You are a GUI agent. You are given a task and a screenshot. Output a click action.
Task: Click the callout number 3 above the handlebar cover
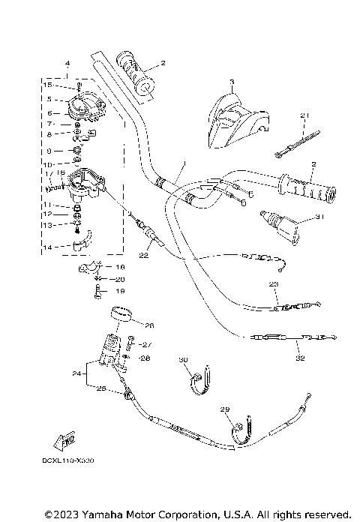click(x=232, y=80)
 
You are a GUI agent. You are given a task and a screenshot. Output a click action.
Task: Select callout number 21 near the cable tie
click(x=304, y=115)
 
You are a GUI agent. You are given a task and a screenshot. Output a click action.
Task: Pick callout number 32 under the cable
click(x=300, y=358)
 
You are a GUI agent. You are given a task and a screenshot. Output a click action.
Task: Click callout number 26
click(x=148, y=325)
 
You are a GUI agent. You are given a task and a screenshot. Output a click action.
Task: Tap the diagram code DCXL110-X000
click(x=52, y=460)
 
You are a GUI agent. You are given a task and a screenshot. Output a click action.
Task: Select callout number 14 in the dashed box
click(x=48, y=247)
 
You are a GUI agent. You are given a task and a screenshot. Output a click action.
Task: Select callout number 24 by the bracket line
click(x=76, y=373)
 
